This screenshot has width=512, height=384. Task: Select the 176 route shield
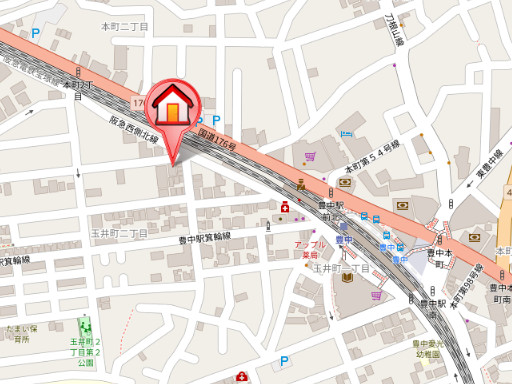pos(137,103)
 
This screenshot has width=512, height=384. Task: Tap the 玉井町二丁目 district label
pos(119,233)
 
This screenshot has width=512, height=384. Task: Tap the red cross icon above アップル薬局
pos(285,207)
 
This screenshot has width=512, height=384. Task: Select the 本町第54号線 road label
pos(373,157)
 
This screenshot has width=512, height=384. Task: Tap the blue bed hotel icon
pos(346,132)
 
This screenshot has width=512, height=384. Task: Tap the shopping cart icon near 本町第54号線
pos(311,157)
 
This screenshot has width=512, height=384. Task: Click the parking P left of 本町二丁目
pos(36,33)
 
